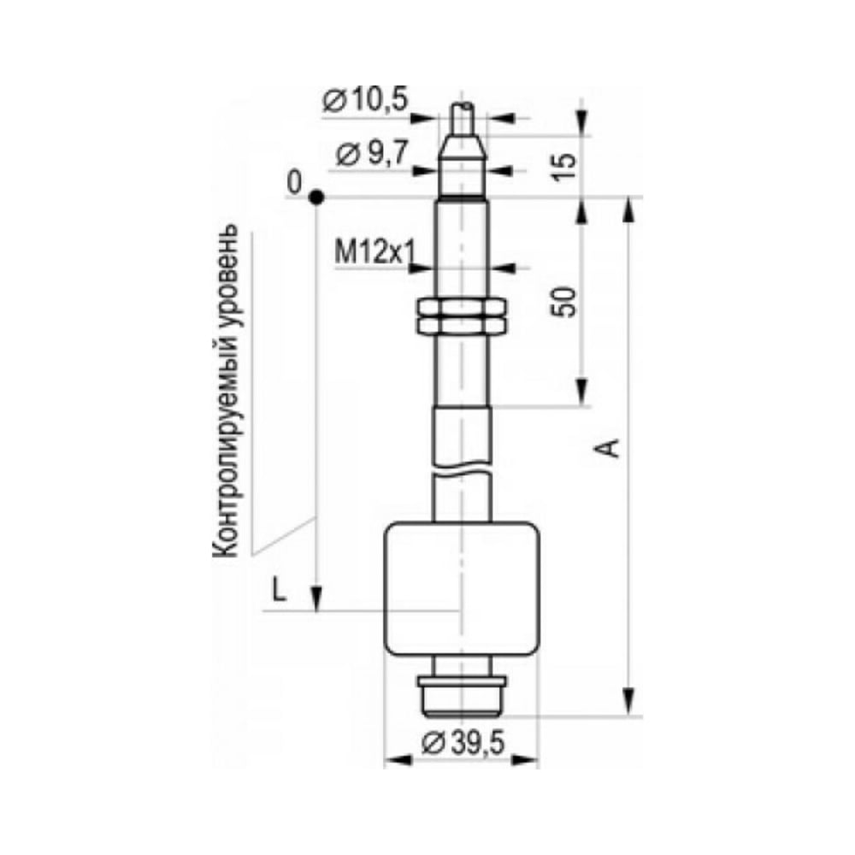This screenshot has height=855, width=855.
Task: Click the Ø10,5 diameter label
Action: [x=365, y=100]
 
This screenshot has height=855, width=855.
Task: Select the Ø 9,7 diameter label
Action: [x=372, y=154]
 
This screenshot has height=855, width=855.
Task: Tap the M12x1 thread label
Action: [x=375, y=252]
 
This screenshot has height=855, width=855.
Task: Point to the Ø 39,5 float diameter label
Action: [x=463, y=742]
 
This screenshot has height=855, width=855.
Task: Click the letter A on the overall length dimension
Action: [x=612, y=448]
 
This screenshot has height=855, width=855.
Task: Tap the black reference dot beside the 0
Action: [x=316, y=198]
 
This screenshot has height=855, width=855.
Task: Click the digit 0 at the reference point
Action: [x=294, y=183]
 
